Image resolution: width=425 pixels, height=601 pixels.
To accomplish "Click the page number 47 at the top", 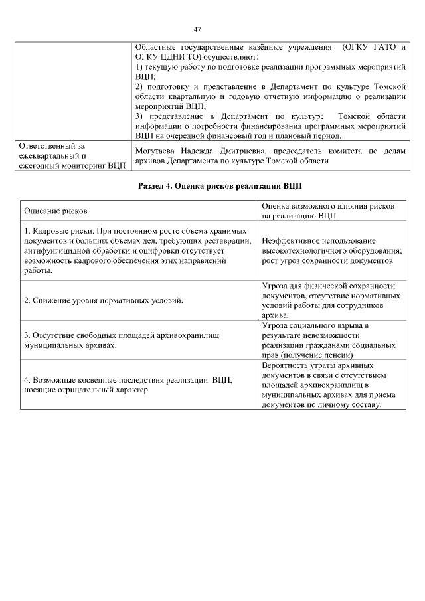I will click(x=197, y=29).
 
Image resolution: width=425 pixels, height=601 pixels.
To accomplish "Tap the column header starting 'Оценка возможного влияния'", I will click(x=329, y=211).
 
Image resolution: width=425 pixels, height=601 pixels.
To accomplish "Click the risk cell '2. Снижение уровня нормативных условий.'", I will click(x=103, y=300).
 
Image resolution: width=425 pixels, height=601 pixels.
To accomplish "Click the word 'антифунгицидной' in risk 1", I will click(x=54, y=251).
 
